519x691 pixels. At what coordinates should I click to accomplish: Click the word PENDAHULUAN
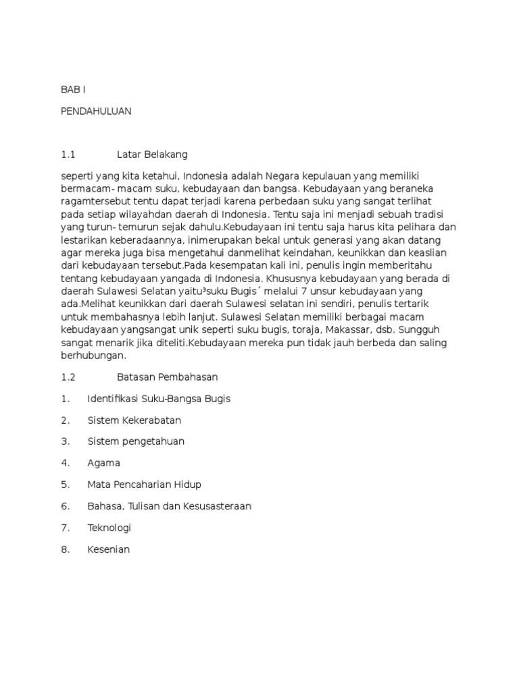click(x=96, y=111)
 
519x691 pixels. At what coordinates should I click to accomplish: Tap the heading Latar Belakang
click(x=151, y=155)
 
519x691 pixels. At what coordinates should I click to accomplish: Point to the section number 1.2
click(x=68, y=377)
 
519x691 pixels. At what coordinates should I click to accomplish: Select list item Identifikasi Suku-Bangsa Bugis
click(x=159, y=399)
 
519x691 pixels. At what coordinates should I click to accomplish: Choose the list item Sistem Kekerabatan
click(x=134, y=420)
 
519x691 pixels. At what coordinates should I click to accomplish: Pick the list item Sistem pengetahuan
click(x=136, y=441)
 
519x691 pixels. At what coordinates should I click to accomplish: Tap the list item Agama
click(x=104, y=463)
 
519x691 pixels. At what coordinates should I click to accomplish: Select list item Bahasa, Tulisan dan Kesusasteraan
click(x=169, y=506)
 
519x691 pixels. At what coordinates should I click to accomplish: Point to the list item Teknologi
click(x=109, y=528)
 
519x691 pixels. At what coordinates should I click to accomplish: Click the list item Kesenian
click(x=108, y=549)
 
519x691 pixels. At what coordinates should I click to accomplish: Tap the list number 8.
click(x=65, y=549)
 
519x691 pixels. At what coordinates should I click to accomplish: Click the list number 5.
click(x=65, y=485)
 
